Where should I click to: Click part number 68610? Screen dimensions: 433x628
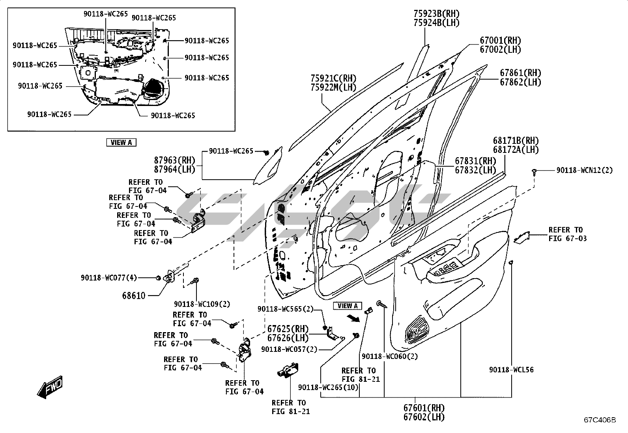pyautogui.click(x=134, y=295)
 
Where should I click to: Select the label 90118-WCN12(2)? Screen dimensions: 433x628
pyautogui.click(x=585, y=171)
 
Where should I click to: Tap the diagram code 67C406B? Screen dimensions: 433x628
pyautogui.click(x=600, y=420)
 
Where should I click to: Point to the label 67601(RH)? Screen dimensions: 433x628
pyautogui.click(x=424, y=408)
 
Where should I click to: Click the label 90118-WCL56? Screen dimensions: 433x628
pyautogui.click(x=511, y=370)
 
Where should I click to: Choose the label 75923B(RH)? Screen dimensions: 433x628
pyautogui.click(x=436, y=14)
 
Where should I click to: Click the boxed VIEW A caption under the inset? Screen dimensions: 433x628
pyautogui.click(x=121, y=143)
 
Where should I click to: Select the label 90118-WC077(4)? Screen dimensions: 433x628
pyautogui.click(x=109, y=278)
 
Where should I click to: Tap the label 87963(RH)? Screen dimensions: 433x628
pyautogui.click(x=175, y=160)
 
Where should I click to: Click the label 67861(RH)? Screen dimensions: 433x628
pyautogui.click(x=520, y=73)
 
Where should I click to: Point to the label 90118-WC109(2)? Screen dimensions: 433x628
pyautogui.click(x=202, y=304)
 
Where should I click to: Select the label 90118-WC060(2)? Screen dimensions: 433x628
pyautogui.click(x=390, y=356)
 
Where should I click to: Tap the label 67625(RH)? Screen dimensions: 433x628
pyautogui.click(x=288, y=329)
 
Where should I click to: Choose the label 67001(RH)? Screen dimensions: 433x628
pyautogui.click(x=500, y=40)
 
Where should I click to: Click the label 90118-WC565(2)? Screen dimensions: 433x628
pyautogui.click(x=286, y=309)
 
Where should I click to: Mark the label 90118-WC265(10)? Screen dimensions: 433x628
pyautogui.click(x=329, y=387)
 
